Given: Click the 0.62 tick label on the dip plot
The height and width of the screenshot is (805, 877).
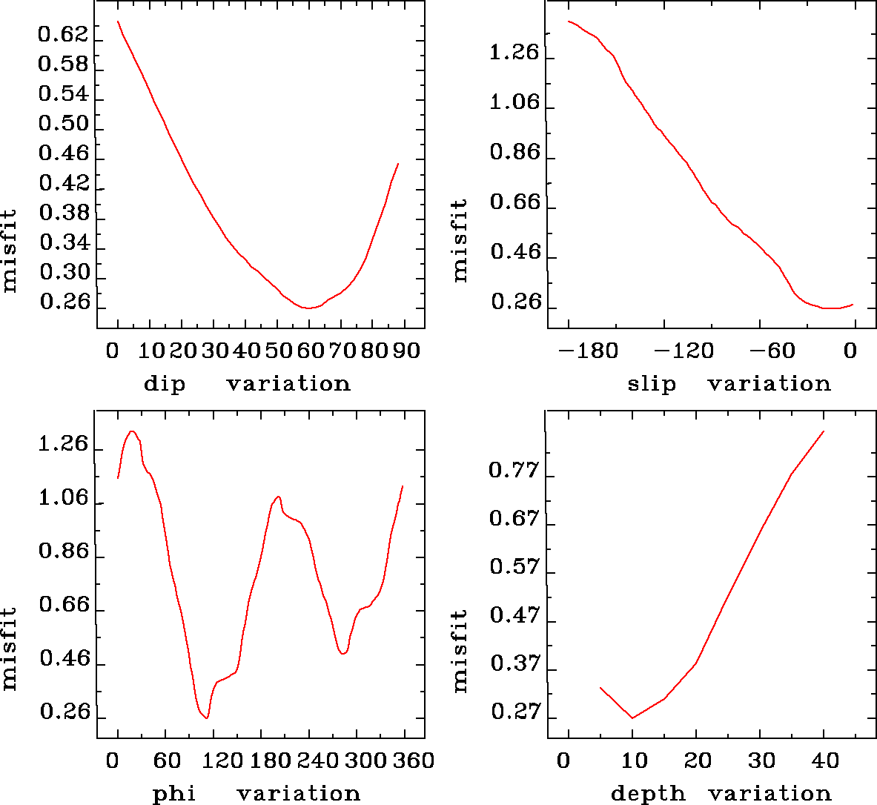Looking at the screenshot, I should click(63, 35).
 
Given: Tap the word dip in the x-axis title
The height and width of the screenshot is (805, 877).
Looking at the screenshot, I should click(165, 384).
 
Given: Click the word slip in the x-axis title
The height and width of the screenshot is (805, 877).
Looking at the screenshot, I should click(652, 384).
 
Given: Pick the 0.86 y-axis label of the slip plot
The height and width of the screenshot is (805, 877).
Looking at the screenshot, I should click(515, 153).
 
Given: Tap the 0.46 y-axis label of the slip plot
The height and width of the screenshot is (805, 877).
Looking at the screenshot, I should click(515, 252).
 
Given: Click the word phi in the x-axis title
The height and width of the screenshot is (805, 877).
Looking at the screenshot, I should click(174, 794).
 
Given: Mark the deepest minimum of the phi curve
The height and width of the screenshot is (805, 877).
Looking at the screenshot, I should click(207, 718).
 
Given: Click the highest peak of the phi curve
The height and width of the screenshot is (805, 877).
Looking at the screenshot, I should click(132, 431).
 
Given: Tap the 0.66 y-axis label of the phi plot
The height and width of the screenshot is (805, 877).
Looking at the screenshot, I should click(64, 606).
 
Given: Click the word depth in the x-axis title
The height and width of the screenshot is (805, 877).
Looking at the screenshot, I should click(648, 794).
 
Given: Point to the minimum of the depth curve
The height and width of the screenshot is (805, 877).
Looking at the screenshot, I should click(632, 718).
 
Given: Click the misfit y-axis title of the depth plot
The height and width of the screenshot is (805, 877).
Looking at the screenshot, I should click(460, 651).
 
